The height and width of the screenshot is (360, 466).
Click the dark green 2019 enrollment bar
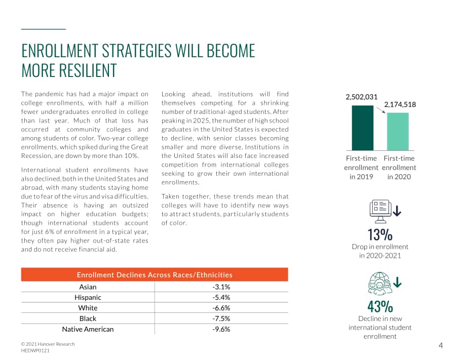[363, 128]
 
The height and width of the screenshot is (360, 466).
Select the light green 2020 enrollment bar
[398, 132]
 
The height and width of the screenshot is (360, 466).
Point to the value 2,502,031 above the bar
[361, 97]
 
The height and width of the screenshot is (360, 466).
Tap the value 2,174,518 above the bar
[400, 104]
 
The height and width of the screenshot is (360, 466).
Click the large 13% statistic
[380, 234]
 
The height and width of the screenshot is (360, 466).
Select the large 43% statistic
[380, 306]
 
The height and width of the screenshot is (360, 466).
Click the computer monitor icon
[381, 211]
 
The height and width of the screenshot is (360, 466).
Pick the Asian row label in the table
[88, 287]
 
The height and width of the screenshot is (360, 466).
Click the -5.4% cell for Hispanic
[221, 297]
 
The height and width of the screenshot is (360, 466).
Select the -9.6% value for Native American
[221, 329]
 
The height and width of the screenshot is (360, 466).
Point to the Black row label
[88, 318]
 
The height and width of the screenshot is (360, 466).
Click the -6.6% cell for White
[221, 308]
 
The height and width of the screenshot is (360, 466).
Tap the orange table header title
[154, 275]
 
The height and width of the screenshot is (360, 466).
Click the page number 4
[441, 345]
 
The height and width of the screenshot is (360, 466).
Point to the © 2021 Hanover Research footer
[48, 344]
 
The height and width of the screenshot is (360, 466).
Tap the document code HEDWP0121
[35, 350]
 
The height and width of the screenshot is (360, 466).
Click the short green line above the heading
[44, 29]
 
